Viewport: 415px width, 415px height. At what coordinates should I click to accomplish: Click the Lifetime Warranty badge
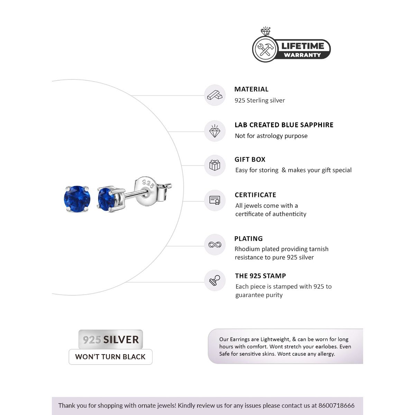pos(291,49)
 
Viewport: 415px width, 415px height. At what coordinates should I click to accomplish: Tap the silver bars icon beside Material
pos(215,95)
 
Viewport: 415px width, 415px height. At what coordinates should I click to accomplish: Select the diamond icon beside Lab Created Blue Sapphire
pos(215,131)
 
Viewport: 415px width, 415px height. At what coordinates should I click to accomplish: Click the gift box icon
pos(215,165)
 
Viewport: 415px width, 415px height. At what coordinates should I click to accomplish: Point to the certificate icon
pos(215,200)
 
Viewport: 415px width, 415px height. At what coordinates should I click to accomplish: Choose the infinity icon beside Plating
pos(215,245)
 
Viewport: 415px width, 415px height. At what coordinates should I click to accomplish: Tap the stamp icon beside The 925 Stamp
pos(215,280)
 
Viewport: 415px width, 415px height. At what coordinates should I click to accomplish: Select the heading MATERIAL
pos(251,89)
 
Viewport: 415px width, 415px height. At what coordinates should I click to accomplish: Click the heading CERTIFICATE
pos(255,195)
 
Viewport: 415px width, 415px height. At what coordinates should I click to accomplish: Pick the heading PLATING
pos(248,239)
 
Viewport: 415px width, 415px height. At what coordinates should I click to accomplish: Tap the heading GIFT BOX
pos(250,160)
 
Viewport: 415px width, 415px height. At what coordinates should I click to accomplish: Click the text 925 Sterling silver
pos(260,101)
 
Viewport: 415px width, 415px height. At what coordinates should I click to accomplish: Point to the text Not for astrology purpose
pos(271,136)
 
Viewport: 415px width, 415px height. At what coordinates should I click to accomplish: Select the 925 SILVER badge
pos(111,340)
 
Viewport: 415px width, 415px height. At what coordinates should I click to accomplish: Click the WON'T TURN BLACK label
pos(110,357)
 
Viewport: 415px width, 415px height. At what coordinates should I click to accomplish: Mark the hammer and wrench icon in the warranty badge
pos(267,49)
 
